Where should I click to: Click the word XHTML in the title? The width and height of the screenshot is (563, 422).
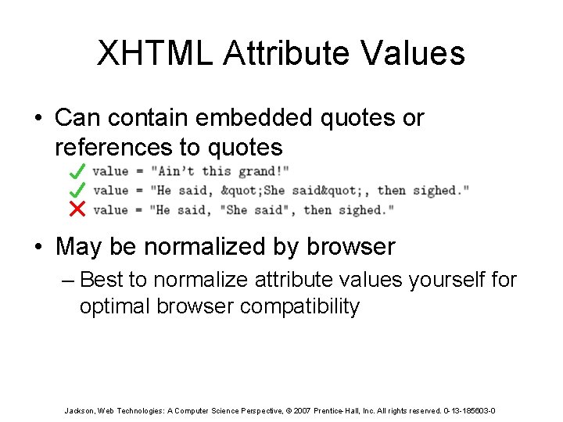point(154,54)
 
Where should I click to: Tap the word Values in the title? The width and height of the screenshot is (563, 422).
point(420,54)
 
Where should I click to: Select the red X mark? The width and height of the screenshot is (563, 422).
point(77,209)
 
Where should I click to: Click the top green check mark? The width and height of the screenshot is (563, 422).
point(77,170)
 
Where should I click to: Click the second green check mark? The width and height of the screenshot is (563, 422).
point(77,189)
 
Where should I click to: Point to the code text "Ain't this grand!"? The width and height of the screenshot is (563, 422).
point(221,171)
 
